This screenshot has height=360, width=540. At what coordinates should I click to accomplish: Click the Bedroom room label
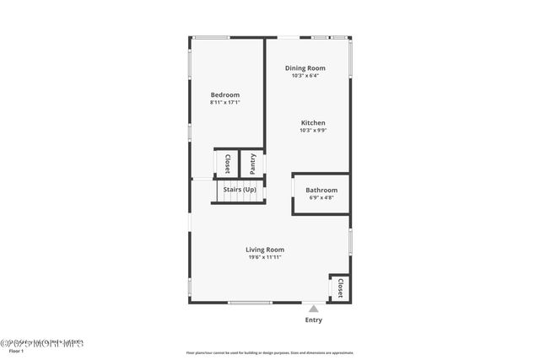225,95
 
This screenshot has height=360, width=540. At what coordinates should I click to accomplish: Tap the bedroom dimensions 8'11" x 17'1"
225,103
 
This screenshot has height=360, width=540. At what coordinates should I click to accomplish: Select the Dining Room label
305,68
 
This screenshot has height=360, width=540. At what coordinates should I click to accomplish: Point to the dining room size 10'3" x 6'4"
305,76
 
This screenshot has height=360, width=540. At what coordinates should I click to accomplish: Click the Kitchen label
312,123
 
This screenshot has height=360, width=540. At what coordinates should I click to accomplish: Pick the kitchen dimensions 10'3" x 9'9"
312,131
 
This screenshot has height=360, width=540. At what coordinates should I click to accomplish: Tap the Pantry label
252,164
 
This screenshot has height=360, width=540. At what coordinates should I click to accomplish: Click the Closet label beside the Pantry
227,164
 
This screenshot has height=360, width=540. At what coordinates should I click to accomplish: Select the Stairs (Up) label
240,190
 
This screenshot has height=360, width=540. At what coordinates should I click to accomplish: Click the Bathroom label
321,191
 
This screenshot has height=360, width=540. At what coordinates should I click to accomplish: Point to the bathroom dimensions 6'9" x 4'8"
321,198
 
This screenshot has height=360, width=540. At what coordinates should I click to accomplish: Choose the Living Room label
265,250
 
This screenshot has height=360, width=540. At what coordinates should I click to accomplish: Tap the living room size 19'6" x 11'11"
265,257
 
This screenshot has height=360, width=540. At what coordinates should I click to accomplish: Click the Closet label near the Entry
340,288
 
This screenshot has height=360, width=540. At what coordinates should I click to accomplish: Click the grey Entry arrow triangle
313,309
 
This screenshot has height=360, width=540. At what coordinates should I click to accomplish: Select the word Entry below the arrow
313,320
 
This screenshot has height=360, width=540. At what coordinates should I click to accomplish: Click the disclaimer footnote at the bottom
270,353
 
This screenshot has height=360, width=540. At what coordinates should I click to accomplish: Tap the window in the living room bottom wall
251,303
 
